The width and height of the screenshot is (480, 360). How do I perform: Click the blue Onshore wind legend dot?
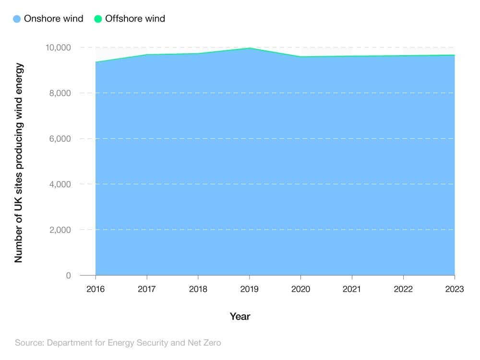[17, 19]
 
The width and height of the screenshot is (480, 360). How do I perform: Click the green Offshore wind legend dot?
[98, 19]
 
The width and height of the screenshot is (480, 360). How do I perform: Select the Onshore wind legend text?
[53, 19]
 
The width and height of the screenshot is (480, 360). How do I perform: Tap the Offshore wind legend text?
[135, 19]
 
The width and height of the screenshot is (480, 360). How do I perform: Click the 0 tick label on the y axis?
[68, 276]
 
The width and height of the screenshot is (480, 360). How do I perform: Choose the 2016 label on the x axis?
[96, 289]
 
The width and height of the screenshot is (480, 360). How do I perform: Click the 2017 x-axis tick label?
[147, 289]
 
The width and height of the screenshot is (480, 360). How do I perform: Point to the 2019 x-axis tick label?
[249, 289]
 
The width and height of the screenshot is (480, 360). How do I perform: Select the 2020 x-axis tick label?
[300, 289]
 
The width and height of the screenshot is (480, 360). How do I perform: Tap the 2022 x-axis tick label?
[403, 289]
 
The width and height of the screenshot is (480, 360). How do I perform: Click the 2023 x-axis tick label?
[454, 289]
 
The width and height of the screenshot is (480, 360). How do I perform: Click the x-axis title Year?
[240, 316]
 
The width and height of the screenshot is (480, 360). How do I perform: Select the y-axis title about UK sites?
[19, 163]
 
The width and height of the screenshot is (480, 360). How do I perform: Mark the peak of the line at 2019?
[249, 48]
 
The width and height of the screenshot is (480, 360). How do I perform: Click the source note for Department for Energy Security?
[118, 343]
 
